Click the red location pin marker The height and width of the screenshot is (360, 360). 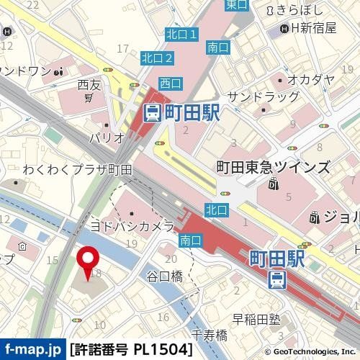(89, 261)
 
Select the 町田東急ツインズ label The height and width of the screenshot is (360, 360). (274, 167)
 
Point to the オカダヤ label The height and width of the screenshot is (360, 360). (311, 79)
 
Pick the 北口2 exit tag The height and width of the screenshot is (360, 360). (157, 58)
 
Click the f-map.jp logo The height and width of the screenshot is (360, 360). (32, 350)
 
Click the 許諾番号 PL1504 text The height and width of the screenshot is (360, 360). (131, 350)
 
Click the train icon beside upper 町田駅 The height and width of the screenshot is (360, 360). (152, 112)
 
